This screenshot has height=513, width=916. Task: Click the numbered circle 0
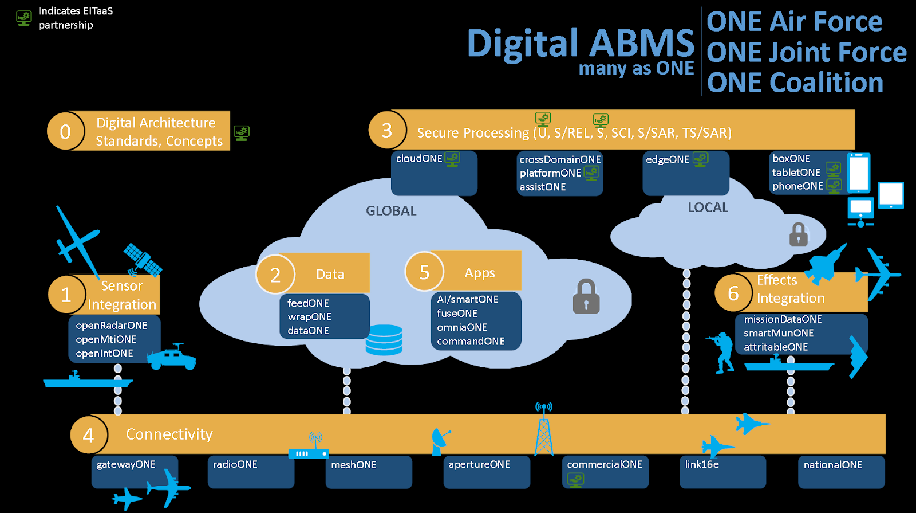pos(65,131)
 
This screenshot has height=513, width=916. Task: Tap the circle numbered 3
pos(387,130)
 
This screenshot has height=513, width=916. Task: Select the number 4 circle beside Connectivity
pos(89,435)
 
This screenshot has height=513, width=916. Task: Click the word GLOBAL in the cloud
pos(391,210)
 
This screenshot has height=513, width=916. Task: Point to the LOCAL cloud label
pos(708,207)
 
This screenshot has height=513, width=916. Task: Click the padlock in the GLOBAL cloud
pos(586,296)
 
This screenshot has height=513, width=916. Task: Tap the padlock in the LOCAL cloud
pos(798,234)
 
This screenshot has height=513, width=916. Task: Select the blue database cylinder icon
pos(384,339)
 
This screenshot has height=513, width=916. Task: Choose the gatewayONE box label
pos(126,464)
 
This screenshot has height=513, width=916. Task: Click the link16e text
pos(702,464)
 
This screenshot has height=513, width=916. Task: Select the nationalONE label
pos(832,465)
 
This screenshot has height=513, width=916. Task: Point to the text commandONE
pos(471,341)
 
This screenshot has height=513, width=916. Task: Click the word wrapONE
pos(309,317)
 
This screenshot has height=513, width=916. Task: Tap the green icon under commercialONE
pos(575,480)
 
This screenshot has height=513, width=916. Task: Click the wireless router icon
pos(309,446)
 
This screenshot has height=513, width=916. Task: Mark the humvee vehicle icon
pos(172,357)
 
